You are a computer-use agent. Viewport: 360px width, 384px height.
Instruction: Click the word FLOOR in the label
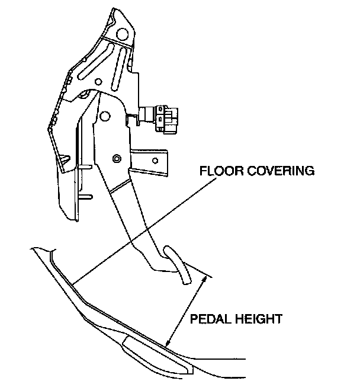click(217, 172)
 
